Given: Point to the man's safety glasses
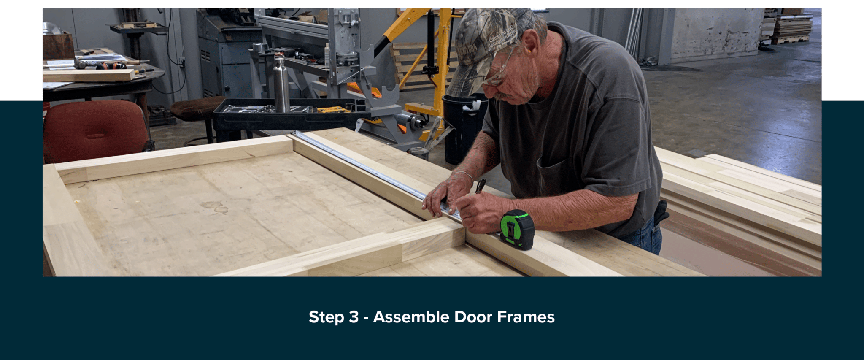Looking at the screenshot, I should tap(500, 72).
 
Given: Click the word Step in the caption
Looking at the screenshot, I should tap(326, 317).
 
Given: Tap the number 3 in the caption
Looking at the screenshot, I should tap(354, 317).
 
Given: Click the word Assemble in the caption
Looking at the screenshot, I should tap(411, 317).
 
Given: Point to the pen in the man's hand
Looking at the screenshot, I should tap(481, 186).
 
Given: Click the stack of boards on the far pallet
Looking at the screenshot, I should tap(791, 27).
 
